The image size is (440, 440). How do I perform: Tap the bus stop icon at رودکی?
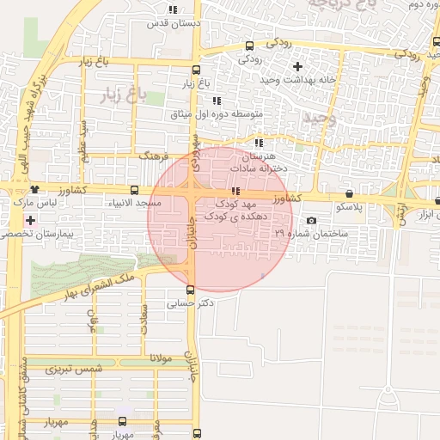(x=249, y=46)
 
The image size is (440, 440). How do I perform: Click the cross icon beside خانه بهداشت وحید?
(x=297, y=66)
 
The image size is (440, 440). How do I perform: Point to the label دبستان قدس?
(x=174, y=23)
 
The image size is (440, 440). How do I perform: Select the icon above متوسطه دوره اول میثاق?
(x=217, y=101)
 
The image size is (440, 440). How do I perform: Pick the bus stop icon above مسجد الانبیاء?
(x=133, y=190)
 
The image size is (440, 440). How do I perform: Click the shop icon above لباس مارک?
(x=34, y=190)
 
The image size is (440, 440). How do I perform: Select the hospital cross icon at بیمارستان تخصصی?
(x=31, y=221)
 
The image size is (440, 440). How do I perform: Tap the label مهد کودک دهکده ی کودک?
(x=236, y=211)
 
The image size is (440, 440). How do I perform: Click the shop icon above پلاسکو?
(x=349, y=194)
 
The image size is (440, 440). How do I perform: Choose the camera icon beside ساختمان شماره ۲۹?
(x=311, y=221)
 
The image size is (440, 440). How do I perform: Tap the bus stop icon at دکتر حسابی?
(x=191, y=290)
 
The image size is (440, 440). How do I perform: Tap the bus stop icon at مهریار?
(x=122, y=421)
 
